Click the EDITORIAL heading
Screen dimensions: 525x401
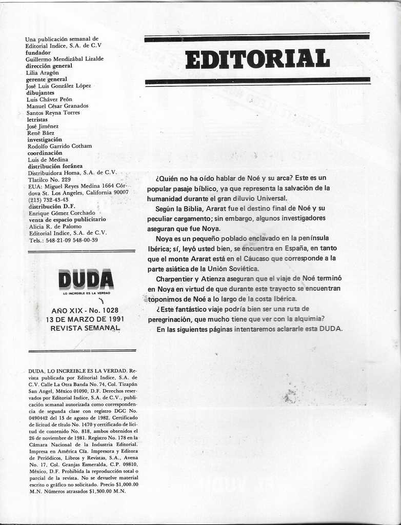pyautogui.click(x=257, y=59)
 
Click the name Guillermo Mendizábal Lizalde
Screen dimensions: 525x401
pyautogui.click(x=65, y=59)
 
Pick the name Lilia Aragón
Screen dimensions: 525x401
pyautogui.click(x=42, y=73)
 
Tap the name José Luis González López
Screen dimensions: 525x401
pyautogui.click(x=58, y=86)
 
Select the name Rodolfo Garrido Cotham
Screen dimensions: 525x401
pyautogui.click(x=59, y=146)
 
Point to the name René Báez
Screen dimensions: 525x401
pyautogui.click(x=41, y=133)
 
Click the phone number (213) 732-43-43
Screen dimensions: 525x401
pyautogui.click(x=49, y=199)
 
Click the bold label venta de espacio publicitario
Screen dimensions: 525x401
pyautogui.click(x=67, y=219)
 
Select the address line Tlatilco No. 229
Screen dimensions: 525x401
pyautogui.click(x=49, y=179)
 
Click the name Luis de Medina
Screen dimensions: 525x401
pyautogui.click(x=48, y=159)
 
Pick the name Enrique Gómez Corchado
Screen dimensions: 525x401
pyautogui.click(x=62, y=213)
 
